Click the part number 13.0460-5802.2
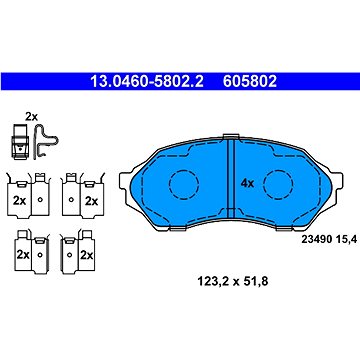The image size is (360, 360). point(147,81)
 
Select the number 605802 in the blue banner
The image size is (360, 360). point(250,81)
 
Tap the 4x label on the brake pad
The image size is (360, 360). point(247,183)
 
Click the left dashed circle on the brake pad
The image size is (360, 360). point(184,184)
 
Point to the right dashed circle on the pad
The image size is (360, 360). point(278,184)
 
